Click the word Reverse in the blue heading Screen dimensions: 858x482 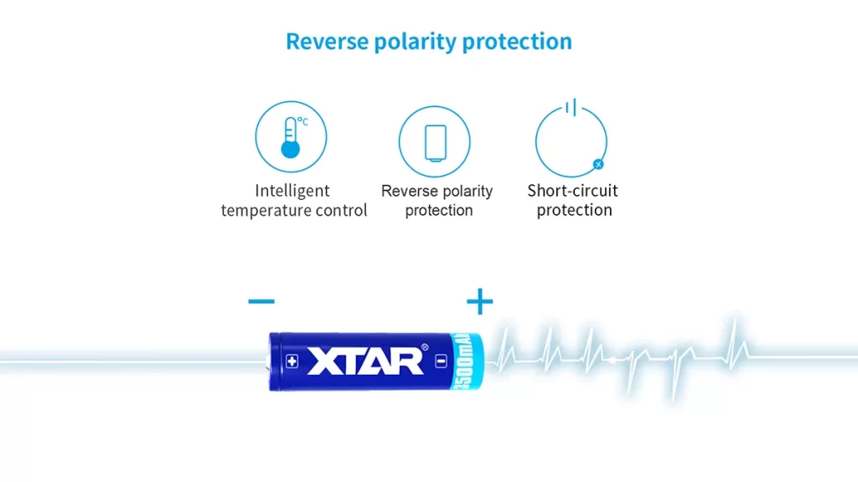328,42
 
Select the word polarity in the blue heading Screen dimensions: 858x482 416,43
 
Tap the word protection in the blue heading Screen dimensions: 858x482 517,43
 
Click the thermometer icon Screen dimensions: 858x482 290,137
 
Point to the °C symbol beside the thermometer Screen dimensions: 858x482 302,121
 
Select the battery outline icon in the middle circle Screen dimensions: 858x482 436,143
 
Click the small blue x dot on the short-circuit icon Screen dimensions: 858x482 598,164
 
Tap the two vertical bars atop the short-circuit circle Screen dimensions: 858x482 571,107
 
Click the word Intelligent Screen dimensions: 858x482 292,191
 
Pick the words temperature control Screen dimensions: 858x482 294,210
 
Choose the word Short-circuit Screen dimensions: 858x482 572,191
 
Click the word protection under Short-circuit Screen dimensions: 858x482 574,210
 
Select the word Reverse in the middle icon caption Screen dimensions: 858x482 409,191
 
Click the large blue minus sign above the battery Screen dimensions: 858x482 261,301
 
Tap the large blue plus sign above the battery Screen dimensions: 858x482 480,301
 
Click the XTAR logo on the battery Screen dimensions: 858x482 365,361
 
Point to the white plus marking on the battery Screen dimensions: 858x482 292,361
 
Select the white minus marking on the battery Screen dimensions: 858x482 441,361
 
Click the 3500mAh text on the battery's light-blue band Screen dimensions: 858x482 463,361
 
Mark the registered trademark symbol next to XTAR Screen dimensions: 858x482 425,347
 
